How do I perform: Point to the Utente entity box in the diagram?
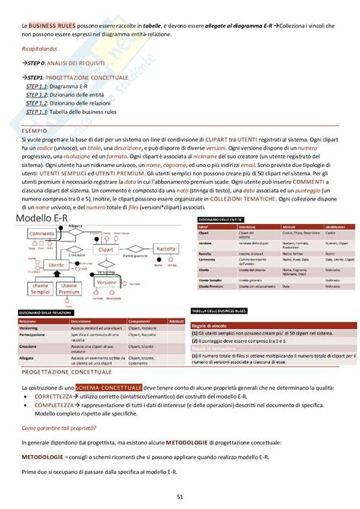(55, 265)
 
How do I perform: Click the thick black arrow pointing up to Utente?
(55, 275)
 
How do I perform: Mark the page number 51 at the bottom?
(180, 496)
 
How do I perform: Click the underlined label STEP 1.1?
(36, 87)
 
